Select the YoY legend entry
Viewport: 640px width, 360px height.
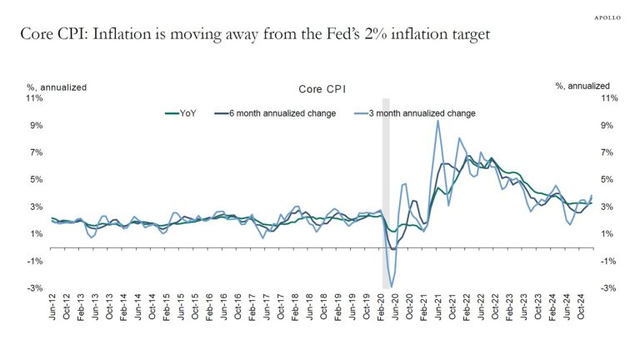[x=180, y=112]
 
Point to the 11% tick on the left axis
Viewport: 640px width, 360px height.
[x=35, y=98]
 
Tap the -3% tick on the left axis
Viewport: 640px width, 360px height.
[x=35, y=288]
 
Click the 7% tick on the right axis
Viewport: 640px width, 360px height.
[x=607, y=152]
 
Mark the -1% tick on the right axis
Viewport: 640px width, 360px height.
[x=607, y=261]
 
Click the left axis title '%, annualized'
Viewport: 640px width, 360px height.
[x=57, y=86]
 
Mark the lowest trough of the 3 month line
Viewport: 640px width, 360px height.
[x=391, y=287]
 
